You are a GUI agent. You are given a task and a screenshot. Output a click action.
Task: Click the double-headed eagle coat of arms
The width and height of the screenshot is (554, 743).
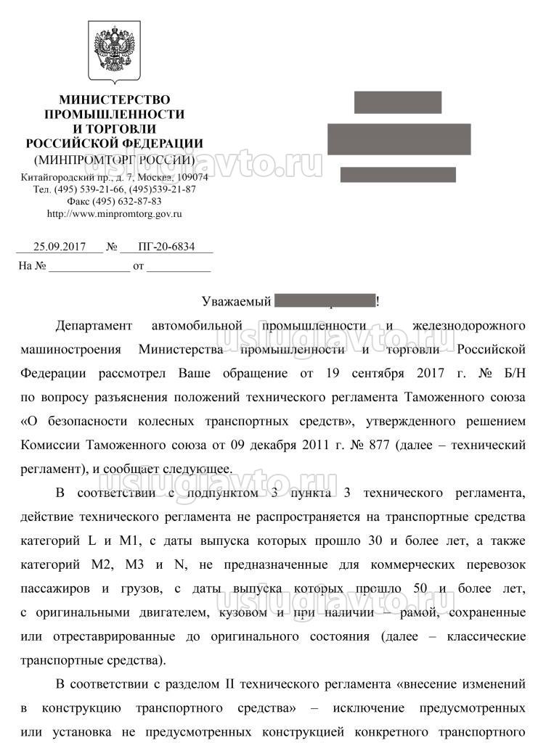114,51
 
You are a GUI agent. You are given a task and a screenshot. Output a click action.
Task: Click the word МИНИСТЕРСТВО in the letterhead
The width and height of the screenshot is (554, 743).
114,99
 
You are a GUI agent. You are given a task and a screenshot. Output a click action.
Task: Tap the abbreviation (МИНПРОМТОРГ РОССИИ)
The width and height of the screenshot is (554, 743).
114,160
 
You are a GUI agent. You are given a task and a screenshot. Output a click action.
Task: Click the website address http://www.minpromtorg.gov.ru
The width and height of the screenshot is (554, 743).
114,214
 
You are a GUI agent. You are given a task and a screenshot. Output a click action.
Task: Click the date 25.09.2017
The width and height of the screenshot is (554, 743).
60,247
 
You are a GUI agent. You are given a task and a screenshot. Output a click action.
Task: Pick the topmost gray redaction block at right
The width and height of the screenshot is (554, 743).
397,102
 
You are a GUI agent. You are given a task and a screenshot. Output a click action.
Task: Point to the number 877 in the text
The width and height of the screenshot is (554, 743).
377,445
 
